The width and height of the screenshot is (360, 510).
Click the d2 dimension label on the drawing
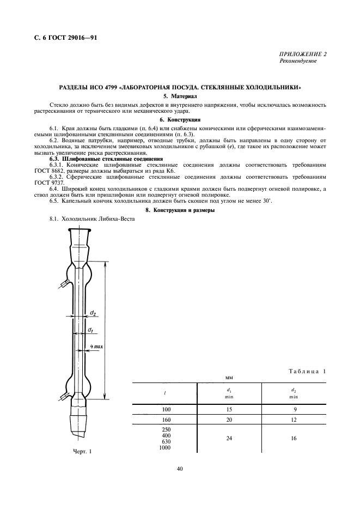pos(93,313)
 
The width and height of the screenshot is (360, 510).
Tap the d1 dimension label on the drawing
pos(90,330)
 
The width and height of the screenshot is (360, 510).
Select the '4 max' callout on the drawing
pos(97,347)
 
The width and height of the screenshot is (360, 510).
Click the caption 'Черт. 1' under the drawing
pos(82,451)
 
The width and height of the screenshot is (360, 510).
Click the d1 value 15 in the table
pos(229,409)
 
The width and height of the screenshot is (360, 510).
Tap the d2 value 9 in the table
pos(294,409)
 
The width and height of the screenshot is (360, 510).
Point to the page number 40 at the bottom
pos(180,468)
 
